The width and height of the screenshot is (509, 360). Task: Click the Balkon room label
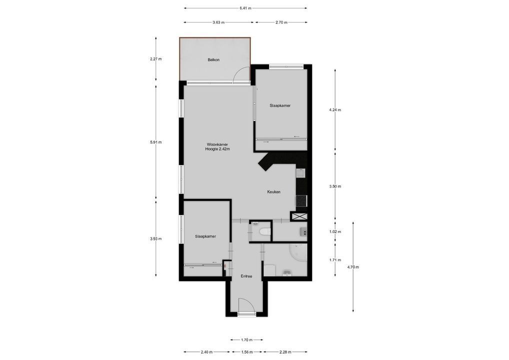click(x=213, y=60)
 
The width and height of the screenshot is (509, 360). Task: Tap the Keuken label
click(x=273, y=192)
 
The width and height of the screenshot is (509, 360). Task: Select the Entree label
click(x=246, y=276)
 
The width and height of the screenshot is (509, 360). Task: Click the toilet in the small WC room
click(x=264, y=231)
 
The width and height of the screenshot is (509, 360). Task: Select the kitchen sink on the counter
click(x=301, y=173)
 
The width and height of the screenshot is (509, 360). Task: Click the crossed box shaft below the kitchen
click(x=301, y=216)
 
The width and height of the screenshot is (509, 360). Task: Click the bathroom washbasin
click(x=287, y=272)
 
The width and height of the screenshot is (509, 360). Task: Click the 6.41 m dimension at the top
click(x=245, y=8)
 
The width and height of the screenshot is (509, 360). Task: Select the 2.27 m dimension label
click(x=156, y=59)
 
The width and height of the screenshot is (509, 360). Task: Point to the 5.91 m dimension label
click(x=156, y=142)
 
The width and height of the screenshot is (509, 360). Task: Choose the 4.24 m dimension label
click(x=335, y=110)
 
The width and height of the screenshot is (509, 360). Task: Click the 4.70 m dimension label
click(x=353, y=267)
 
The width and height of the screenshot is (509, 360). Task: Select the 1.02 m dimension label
click(x=335, y=232)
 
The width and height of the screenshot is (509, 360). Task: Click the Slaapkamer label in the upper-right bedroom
click(x=280, y=105)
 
